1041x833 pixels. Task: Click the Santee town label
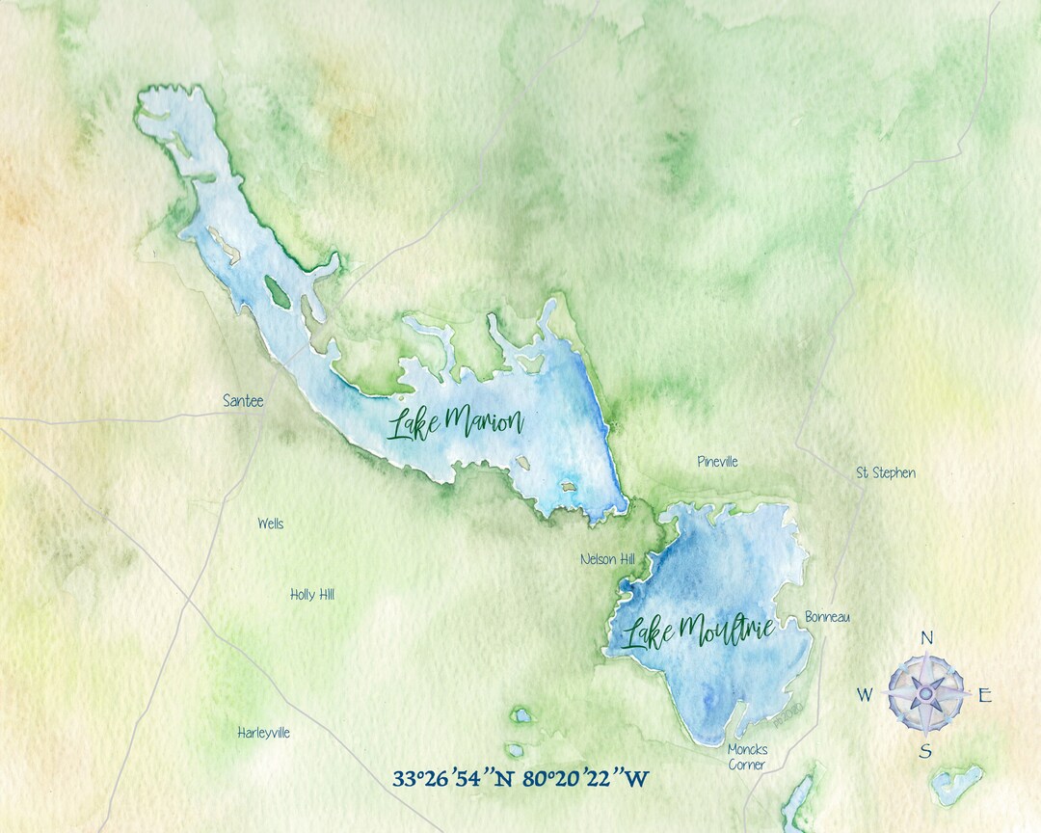point(243,401)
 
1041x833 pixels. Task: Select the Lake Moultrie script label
point(698,631)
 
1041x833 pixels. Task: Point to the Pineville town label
point(717,462)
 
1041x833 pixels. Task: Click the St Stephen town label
point(886,472)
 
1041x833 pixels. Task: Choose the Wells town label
point(270,524)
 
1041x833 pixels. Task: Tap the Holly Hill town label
point(312,595)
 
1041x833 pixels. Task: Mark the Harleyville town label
point(263,733)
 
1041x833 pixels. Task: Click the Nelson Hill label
point(608,559)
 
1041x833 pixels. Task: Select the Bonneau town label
point(828,617)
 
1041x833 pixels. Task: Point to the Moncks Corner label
point(747,757)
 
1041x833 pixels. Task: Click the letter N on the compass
point(926,638)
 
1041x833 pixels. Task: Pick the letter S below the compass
point(924,751)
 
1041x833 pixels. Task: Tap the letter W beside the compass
point(866,695)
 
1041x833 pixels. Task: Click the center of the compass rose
point(925,691)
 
